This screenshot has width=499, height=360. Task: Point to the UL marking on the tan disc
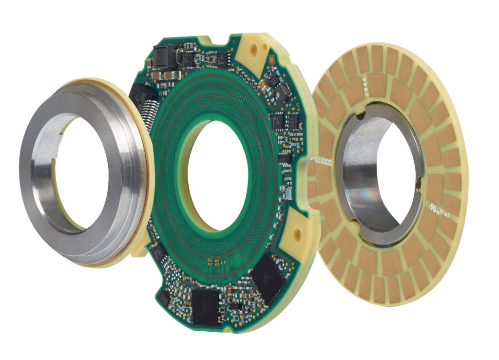[x=433, y=208]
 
